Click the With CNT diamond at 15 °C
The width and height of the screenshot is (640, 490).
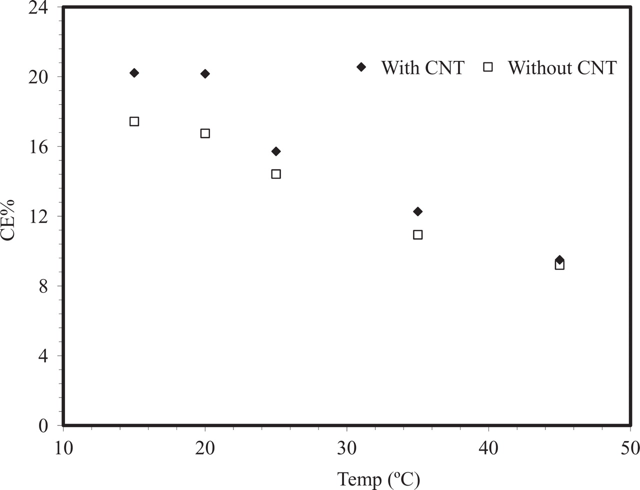[x=134, y=73]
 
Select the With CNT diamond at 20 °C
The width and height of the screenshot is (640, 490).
[x=205, y=74]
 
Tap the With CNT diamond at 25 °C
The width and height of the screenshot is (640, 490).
[x=276, y=151]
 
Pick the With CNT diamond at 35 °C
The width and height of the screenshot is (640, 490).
[x=417, y=212]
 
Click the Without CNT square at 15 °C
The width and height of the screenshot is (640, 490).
[x=134, y=121]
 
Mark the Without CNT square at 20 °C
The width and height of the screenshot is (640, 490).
[x=205, y=133]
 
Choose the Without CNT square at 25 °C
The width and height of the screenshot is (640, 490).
[x=276, y=174]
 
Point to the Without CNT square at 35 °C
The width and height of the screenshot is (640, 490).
[x=418, y=234]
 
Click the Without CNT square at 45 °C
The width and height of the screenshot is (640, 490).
[x=560, y=265]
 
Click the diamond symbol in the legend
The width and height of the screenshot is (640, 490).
[x=361, y=67]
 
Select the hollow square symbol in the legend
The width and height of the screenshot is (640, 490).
[x=488, y=67]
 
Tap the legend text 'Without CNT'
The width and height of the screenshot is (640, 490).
[x=562, y=67]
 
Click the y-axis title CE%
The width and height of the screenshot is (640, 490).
[x=8, y=220]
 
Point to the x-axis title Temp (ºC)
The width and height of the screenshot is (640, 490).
[x=378, y=479]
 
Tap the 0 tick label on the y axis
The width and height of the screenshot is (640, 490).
[x=43, y=426]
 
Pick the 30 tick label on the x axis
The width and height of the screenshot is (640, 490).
[x=346, y=448]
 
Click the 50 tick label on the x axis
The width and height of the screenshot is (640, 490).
[x=629, y=448]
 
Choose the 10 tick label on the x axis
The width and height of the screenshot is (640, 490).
[x=63, y=448]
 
